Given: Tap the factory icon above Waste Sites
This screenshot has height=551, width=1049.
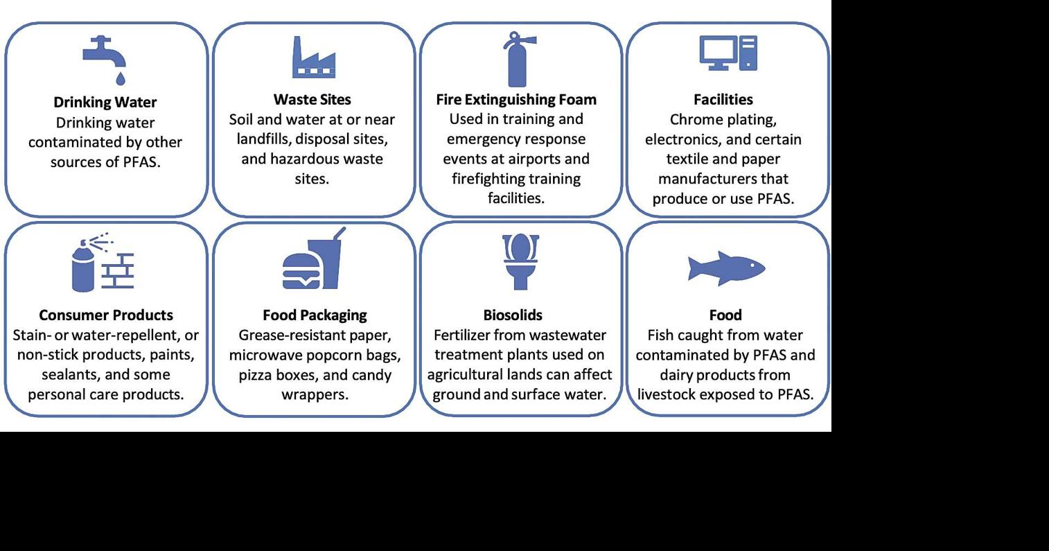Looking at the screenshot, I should click(x=312, y=57).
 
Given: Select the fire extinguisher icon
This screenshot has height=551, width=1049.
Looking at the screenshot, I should click(x=516, y=58).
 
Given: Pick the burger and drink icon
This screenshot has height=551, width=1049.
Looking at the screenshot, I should click(x=313, y=259).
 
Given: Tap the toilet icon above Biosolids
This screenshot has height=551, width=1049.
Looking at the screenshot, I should click(x=520, y=261).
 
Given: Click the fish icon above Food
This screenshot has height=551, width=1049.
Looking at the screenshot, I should click(x=725, y=267).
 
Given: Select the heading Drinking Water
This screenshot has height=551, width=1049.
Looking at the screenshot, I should click(x=105, y=103).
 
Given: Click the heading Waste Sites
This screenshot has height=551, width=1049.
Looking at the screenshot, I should click(x=312, y=100).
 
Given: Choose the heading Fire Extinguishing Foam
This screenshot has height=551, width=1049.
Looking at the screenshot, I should click(x=516, y=100).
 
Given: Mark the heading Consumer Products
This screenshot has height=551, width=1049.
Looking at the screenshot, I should click(x=106, y=315).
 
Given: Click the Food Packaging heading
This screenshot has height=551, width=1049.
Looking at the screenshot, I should click(x=315, y=315).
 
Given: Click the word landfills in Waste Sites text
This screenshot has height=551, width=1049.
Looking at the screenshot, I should click(x=263, y=139).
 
